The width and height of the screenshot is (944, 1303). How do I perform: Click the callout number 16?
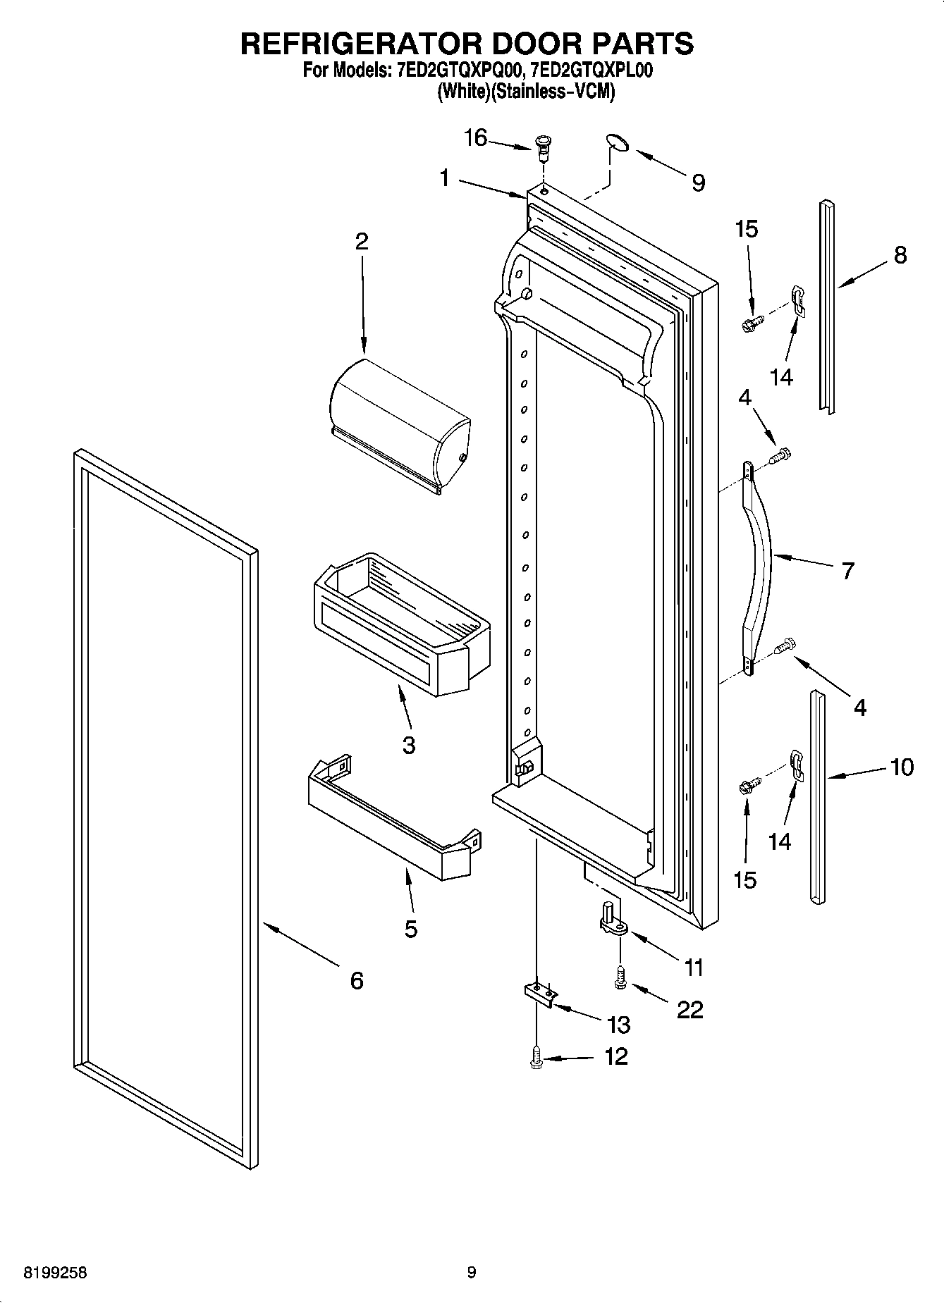click(475, 137)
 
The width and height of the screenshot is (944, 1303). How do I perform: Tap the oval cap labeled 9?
click(617, 143)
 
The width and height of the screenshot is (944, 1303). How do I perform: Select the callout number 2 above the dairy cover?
click(361, 242)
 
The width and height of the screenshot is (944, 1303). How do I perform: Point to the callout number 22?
click(689, 1010)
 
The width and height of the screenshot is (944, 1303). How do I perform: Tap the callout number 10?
click(902, 767)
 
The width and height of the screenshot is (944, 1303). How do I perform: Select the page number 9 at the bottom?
click(472, 1272)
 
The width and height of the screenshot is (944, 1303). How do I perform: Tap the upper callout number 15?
click(746, 229)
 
